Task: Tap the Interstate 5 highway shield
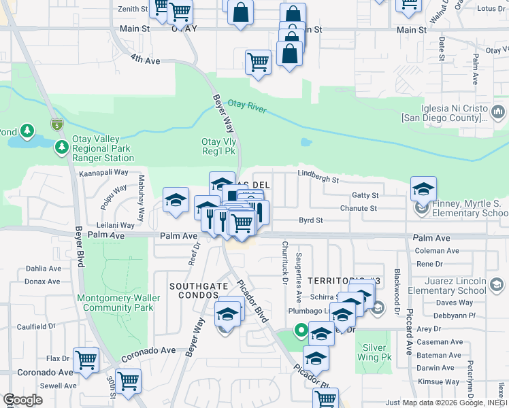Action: point(57,124)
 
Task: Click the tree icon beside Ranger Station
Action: point(62,147)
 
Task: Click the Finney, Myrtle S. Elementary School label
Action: point(468,208)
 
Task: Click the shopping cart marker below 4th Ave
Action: point(259,62)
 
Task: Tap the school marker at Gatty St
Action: point(423,188)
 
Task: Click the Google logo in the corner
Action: point(22,399)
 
